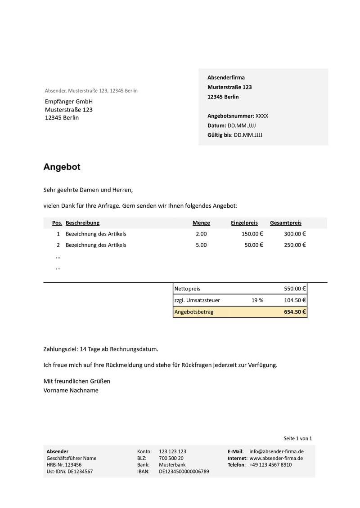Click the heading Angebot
pyautogui.click(x=62, y=167)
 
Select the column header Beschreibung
pyautogui.click(x=82, y=223)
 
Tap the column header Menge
pyautogui.click(x=201, y=223)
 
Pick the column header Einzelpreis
pyautogui.click(x=244, y=223)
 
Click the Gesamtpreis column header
pyautogui.click(x=286, y=223)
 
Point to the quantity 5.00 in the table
pyautogui.click(x=201, y=245)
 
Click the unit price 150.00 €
pyautogui.click(x=252, y=234)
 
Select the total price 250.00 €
pyautogui.click(x=295, y=245)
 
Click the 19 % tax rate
pyautogui.click(x=257, y=300)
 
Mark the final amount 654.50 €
pyautogui.click(x=295, y=312)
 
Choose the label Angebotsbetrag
pyautogui.click(x=194, y=312)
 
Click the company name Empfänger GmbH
pyautogui.click(x=69, y=102)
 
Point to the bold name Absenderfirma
pyautogui.click(x=226, y=77)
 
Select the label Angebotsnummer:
pyautogui.click(x=231, y=116)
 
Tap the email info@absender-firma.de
pyautogui.click(x=276, y=451)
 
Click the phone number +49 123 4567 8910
pyautogui.click(x=270, y=465)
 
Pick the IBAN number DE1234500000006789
pyautogui.click(x=184, y=472)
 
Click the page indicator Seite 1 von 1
pyautogui.click(x=297, y=438)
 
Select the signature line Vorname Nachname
pyautogui.click(x=71, y=390)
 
